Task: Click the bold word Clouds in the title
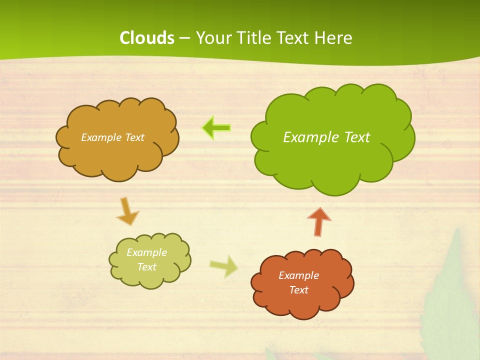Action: click(146, 38)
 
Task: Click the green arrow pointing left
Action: click(216, 128)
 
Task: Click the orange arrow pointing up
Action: click(319, 221)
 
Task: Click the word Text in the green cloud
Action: click(357, 137)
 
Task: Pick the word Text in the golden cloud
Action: click(134, 137)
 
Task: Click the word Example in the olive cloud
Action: click(146, 252)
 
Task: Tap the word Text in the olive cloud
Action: click(146, 267)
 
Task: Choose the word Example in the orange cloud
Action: click(298, 275)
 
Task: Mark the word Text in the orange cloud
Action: click(298, 290)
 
